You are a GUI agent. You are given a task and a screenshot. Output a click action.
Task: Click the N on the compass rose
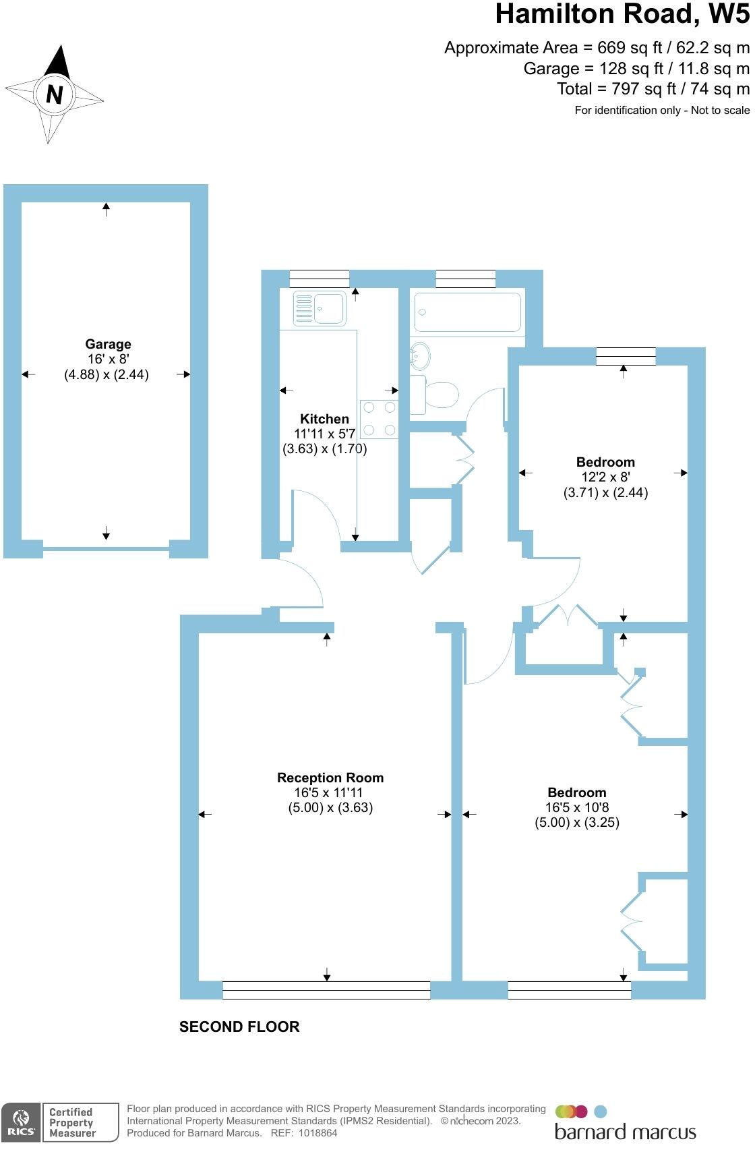click(x=54, y=94)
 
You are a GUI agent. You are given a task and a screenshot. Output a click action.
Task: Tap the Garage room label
click(x=108, y=345)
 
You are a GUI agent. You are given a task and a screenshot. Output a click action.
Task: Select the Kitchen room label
click(x=324, y=419)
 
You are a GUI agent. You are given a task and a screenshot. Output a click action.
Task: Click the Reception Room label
click(x=330, y=778)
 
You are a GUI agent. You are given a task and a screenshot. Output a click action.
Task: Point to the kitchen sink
click(x=320, y=308)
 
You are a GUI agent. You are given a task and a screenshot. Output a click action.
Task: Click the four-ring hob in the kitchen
click(x=380, y=419)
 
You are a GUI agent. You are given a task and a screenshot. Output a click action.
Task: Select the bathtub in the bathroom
click(x=467, y=312)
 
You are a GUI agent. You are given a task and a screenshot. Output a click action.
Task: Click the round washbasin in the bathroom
click(x=421, y=355)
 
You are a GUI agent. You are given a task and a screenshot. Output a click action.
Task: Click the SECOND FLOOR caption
click(x=239, y=1027)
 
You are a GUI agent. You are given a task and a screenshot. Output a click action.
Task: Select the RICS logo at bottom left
click(x=22, y=1123)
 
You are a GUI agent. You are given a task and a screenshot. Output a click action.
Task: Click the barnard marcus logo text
click(x=625, y=1132)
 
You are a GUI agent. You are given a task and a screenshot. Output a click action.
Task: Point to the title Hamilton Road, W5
click(x=622, y=15)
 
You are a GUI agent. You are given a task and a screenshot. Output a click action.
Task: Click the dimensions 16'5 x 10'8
click(x=577, y=807)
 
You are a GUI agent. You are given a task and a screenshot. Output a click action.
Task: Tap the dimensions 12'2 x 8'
click(x=605, y=477)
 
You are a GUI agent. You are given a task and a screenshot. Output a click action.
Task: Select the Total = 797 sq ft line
click(x=653, y=89)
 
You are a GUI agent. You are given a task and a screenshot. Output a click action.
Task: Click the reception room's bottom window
click(x=326, y=990)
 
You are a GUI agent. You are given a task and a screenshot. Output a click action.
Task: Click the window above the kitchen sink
click(x=319, y=279)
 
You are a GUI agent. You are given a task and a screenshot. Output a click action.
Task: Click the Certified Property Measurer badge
click(x=72, y=1123)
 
